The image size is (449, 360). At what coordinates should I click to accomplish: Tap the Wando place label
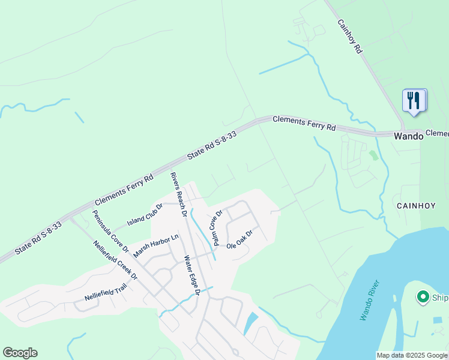coord(408,136)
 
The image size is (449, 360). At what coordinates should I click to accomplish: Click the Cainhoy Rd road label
coord(349,37)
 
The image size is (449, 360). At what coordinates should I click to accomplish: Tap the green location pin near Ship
coord(423,296)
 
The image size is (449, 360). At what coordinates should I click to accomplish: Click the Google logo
coord(20,353)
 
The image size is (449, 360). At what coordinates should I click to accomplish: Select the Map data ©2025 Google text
coord(411,355)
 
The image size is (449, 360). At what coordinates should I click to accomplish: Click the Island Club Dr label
coord(145,214)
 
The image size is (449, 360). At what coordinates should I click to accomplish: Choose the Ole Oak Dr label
coord(240,239)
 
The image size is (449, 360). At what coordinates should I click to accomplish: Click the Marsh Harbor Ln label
coord(156,246)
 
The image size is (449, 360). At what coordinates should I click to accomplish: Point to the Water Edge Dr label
coord(191,275)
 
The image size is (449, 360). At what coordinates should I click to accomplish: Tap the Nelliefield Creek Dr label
coord(115,260)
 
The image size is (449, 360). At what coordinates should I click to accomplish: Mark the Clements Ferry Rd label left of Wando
coord(304,123)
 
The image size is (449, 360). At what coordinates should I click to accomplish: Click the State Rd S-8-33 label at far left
coord(38,237)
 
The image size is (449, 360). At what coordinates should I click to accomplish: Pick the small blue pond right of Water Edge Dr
coord(250,324)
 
